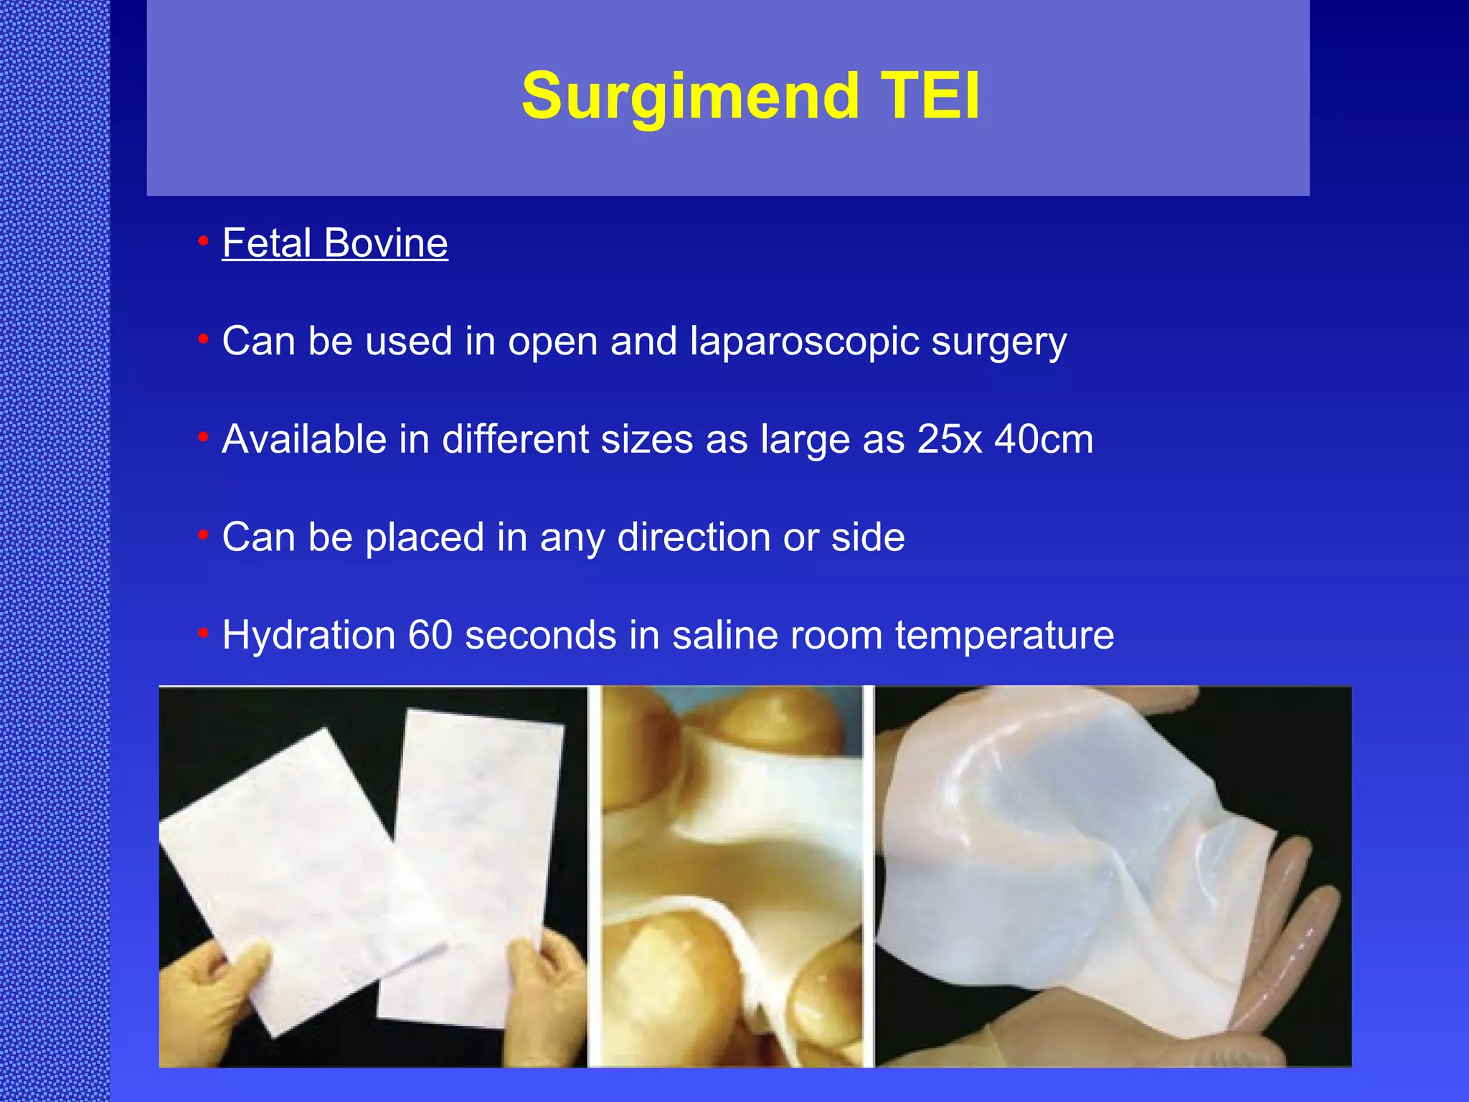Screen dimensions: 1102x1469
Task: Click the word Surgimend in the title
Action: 689,97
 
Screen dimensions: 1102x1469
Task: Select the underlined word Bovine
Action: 386,242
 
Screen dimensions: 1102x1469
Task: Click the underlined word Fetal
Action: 266,242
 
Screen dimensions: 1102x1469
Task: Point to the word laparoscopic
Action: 804,341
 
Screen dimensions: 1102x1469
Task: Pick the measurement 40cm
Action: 1044,439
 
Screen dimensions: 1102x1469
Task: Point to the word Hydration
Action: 309,635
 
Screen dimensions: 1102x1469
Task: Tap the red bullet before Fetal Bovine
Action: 204,240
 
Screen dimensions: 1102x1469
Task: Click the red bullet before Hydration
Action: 204,633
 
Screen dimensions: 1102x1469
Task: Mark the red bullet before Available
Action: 204,436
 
